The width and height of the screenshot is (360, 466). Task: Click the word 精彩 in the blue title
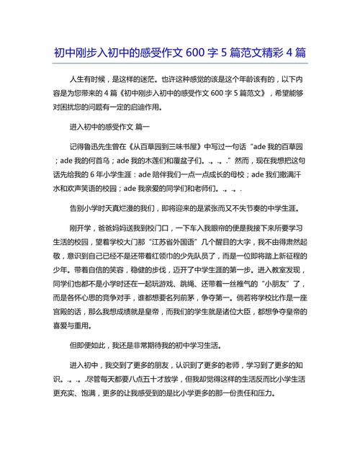tap(271, 53)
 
